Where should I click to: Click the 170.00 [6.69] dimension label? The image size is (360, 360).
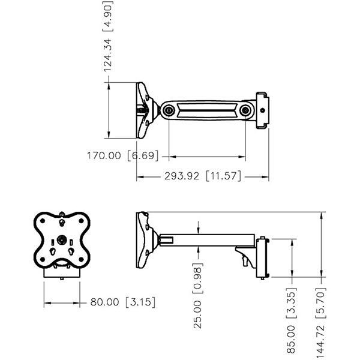123,155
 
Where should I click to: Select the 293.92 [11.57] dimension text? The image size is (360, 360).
203,176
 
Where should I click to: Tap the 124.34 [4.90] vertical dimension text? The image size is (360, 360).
107,36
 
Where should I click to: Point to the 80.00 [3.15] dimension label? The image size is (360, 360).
123,302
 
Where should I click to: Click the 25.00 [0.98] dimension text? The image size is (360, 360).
197,296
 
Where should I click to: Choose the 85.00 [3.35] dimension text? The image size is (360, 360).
292,320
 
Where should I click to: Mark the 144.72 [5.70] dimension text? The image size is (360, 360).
320,322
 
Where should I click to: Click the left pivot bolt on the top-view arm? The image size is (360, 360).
169,110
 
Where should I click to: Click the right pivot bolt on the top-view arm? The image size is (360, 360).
245,110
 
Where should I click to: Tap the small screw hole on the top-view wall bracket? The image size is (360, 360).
262,110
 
